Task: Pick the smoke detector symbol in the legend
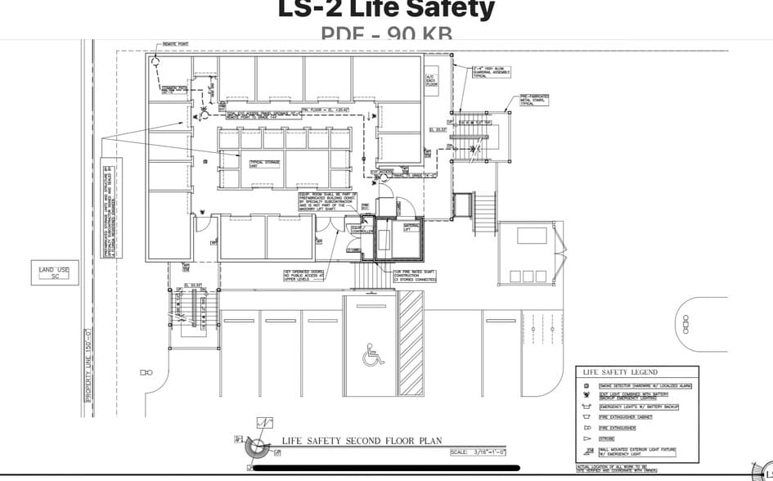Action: point(586,385)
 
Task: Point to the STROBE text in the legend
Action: point(607,438)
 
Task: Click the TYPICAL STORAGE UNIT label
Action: point(265,164)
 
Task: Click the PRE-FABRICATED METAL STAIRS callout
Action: point(535,100)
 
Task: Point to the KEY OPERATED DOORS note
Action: point(304,275)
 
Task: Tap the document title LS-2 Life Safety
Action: point(386,9)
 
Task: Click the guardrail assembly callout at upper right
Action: point(492,72)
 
